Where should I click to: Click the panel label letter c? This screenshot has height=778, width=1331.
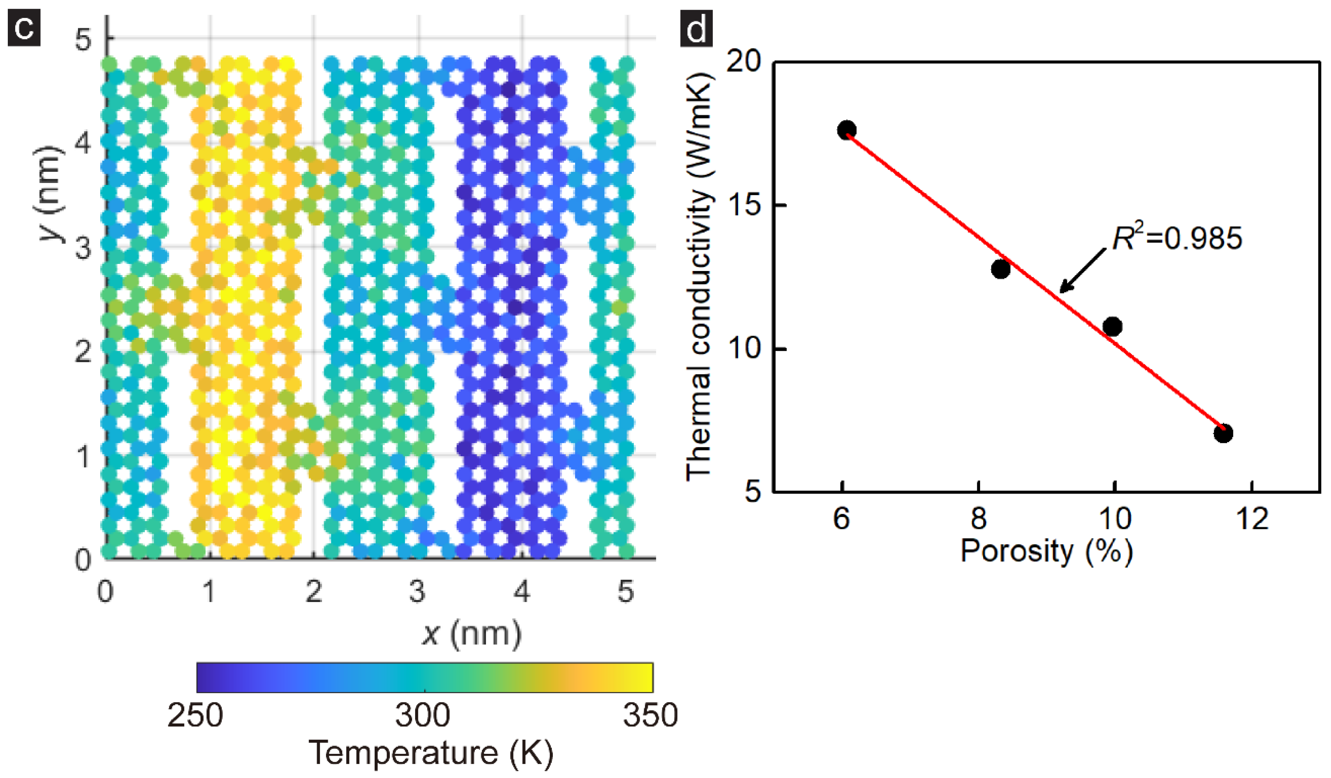(x=24, y=28)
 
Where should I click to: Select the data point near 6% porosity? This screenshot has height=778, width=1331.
(x=846, y=130)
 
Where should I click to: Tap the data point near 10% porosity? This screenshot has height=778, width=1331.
(x=1112, y=326)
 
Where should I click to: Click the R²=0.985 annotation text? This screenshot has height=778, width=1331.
(x=1177, y=238)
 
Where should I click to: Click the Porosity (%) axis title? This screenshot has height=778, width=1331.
(x=1046, y=552)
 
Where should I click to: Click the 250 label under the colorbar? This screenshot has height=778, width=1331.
(x=195, y=716)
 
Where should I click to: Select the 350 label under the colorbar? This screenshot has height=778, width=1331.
(x=650, y=716)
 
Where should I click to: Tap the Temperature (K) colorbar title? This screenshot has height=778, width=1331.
(x=430, y=753)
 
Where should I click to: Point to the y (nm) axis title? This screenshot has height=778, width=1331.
(x=50, y=193)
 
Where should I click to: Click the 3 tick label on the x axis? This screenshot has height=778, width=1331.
(x=417, y=592)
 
